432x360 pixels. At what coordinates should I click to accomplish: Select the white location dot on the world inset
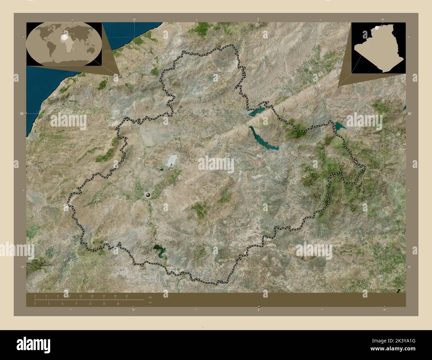(63, 38)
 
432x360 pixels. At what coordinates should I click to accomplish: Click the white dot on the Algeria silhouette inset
(377, 29)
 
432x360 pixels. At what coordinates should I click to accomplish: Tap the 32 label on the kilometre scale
(127, 296)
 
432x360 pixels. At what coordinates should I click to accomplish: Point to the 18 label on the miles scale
(118, 304)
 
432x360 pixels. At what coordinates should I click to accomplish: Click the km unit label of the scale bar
(150, 297)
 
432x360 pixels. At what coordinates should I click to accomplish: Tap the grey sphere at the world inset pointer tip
(120, 76)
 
